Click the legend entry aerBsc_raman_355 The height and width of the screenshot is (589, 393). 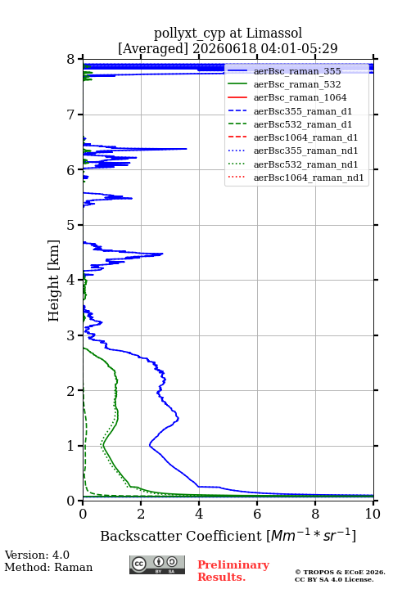[297, 71]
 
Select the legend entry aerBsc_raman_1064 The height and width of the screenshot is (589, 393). [300, 97]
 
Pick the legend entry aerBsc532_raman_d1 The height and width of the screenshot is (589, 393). [303, 124]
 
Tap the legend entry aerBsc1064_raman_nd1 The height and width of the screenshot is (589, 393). [309, 178]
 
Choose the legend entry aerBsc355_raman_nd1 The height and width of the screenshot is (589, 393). [305, 151]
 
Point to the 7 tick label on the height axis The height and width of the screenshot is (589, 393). [70, 115]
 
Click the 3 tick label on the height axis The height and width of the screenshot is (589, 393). [70, 335]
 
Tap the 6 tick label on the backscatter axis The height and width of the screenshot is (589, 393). [257, 514]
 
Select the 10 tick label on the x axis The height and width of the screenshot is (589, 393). [373, 514]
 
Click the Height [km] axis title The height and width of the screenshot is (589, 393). [54, 281]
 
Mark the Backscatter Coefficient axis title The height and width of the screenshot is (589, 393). [228, 535]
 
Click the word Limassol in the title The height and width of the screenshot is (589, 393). [274, 33]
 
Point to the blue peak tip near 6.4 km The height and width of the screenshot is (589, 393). [187, 149]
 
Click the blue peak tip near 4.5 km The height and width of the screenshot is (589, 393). [162, 254]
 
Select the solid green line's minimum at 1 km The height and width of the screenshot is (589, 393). [103, 446]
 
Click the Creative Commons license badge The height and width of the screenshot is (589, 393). [157, 565]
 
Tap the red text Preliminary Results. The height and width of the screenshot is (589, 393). [233, 571]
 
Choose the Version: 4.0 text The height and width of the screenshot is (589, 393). [37, 555]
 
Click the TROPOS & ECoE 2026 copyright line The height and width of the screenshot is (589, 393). [340, 572]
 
